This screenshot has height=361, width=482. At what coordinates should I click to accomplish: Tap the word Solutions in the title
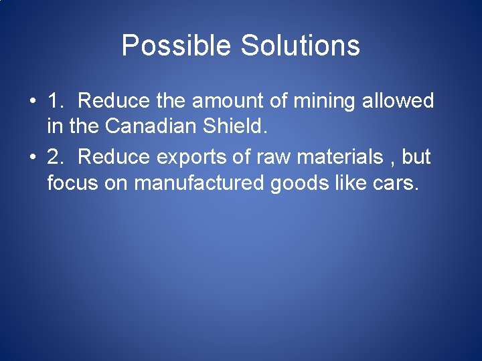pos(300,46)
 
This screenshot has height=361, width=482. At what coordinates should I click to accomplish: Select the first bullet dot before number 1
pos(32,102)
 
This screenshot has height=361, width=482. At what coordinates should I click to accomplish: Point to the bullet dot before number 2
pos(32,158)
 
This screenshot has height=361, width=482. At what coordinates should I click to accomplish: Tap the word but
pos(416,157)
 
